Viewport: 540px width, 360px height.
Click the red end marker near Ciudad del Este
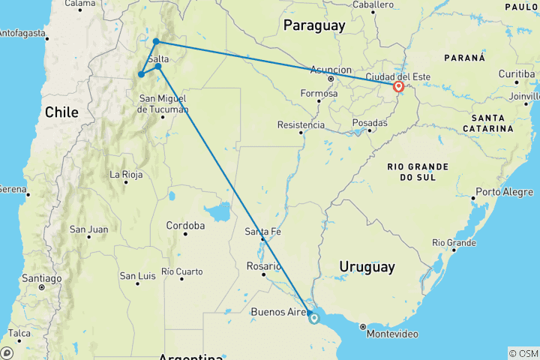[398, 87]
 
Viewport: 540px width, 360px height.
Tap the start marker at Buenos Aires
[313, 318]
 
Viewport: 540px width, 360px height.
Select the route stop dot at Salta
[158, 67]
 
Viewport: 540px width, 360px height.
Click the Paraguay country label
[314, 25]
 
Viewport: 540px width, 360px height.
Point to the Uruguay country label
[367, 266]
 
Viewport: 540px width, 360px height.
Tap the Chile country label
[61, 112]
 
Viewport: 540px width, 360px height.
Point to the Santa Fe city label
[262, 232]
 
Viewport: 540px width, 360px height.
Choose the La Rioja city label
[127, 175]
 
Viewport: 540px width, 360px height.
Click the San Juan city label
[88, 229]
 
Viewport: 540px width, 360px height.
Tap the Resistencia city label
[301, 124]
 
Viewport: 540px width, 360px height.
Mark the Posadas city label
[370, 123]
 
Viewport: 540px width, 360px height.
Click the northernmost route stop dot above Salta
[155, 41]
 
